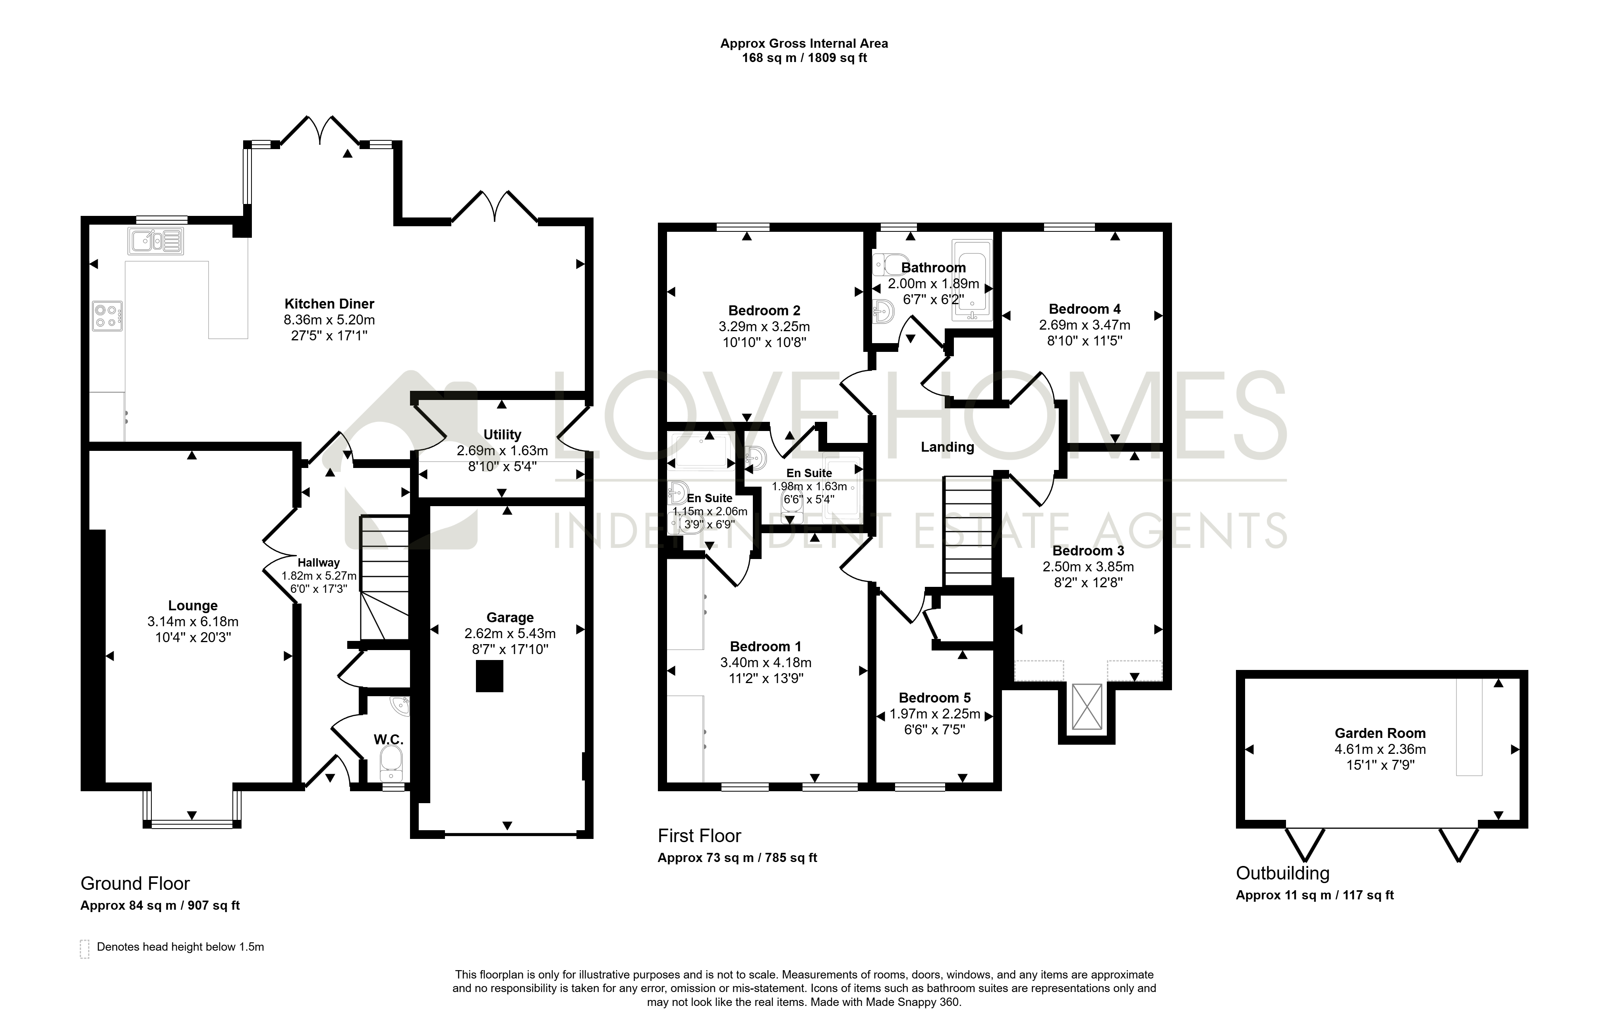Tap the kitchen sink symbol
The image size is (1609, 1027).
(157, 241)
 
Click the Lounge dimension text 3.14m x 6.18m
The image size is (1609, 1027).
(193, 622)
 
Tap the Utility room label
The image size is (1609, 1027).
(503, 435)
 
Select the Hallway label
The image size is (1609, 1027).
(319, 563)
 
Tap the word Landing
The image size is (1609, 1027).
(948, 447)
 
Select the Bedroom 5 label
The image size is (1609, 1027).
(935, 698)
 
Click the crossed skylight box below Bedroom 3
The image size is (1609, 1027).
(1087, 706)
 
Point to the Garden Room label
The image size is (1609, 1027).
(1381, 734)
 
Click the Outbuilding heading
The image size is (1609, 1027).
(1283, 873)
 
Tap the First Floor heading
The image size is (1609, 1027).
(700, 836)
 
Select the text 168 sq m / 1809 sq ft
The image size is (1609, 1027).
(804, 58)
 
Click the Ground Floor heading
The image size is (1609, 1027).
(135, 884)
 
